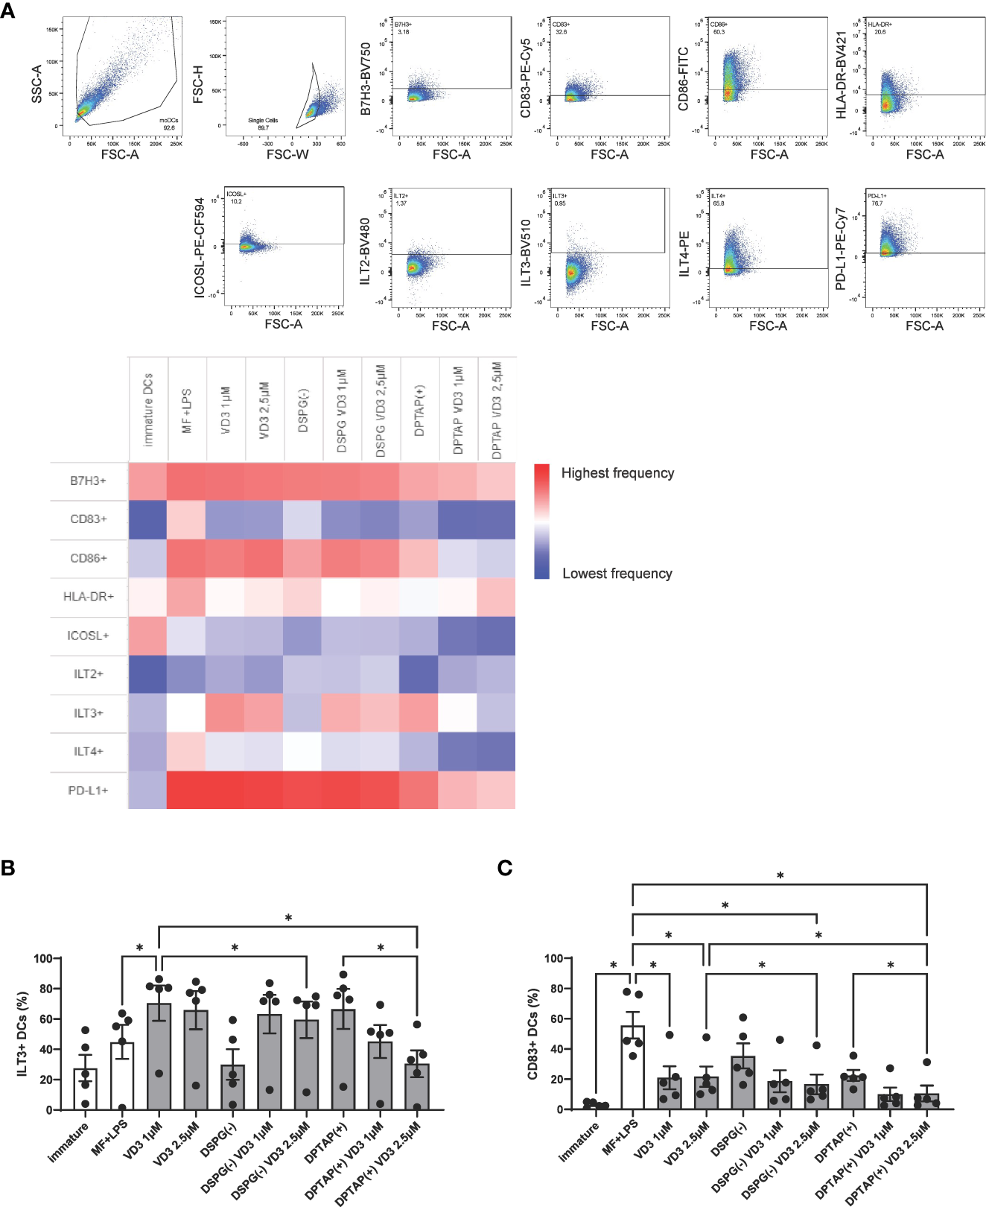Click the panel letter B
coord(8,868)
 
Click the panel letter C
coord(505,868)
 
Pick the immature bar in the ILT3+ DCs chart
coord(85,1089)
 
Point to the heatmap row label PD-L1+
coord(88,790)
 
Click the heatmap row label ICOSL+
coord(88,636)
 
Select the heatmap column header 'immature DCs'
coord(148,410)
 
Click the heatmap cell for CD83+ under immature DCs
coord(148,519)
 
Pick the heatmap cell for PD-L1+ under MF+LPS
coord(187,790)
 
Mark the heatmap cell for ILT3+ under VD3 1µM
coord(226,713)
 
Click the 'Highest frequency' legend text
coord(617,473)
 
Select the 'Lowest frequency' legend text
coord(617,574)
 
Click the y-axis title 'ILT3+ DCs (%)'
coord(22,1033)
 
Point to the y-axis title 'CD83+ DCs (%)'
coord(532,1033)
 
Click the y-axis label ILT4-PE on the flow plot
coord(684,253)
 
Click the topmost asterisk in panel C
coord(780,876)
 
